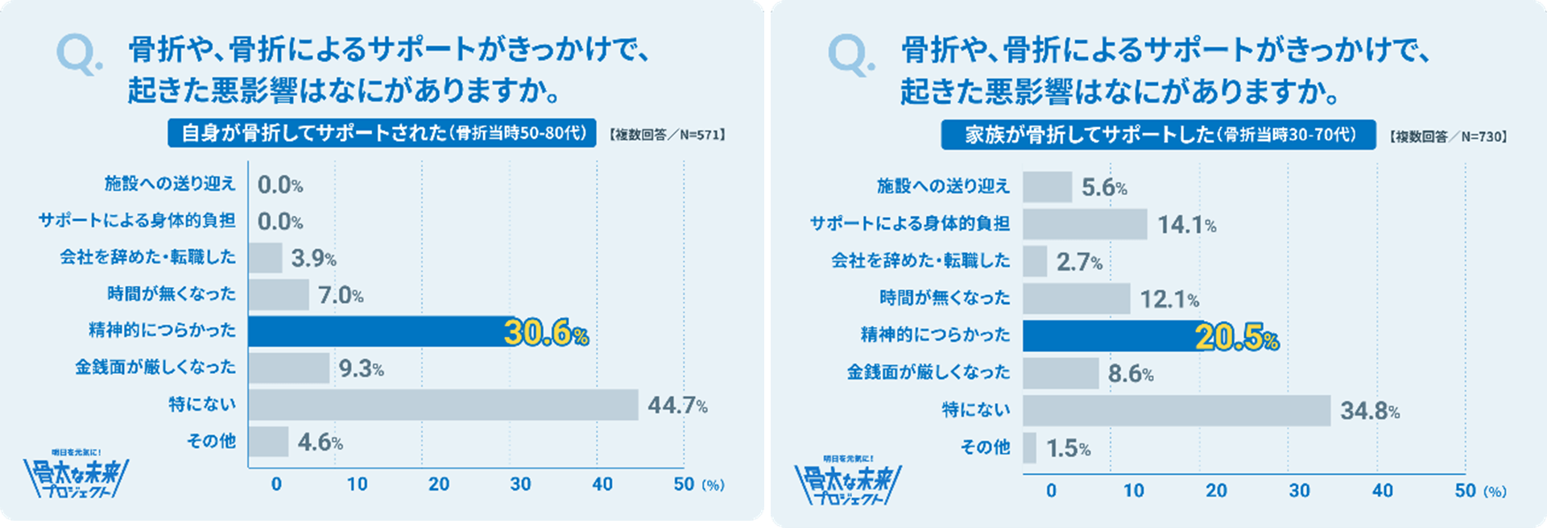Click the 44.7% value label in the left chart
(x=677, y=405)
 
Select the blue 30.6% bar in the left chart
(x=378, y=331)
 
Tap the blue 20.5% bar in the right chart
(x=1111, y=336)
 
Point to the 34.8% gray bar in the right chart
(x=1176, y=410)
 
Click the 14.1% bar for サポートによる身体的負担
(x=1085, y=224)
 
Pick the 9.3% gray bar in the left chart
(x=288, y=368)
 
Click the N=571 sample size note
(x=665, y=135)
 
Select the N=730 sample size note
(x=1447, y=137)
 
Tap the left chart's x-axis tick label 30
(x=520, y=484)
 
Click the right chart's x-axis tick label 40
(x=1382, y=491)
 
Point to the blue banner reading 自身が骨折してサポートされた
(x=382, y=133)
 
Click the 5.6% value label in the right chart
(x=1103, y=189)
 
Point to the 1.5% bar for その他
(x=1029, y=448)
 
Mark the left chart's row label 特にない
(x=202, y=404)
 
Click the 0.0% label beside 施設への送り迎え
(x=279, y=185)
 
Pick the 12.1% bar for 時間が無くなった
(x=1076, y=299)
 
